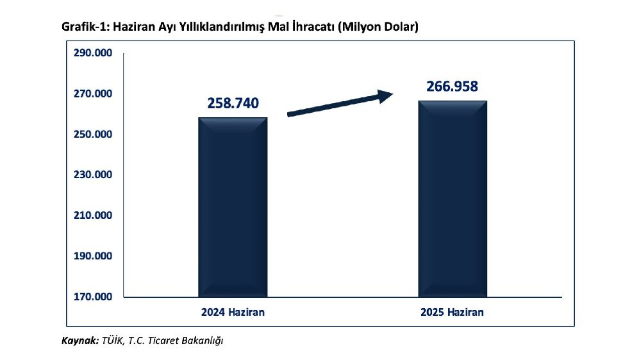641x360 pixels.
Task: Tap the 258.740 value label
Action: click(233, 102)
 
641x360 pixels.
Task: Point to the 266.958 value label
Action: click(453, 86)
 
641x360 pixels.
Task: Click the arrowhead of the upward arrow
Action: click(385, 96)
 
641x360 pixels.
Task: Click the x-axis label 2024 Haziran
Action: click(233, 313)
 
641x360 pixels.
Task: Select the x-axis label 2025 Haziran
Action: click(453, 313)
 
